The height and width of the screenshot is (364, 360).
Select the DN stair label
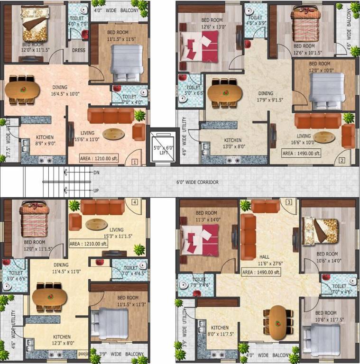[97, 173]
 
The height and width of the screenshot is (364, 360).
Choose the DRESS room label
[78, 49]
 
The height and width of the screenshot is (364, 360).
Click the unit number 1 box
[135, 162]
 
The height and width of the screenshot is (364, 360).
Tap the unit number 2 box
[342, 160]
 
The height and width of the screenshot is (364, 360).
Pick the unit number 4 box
[135, 202]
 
